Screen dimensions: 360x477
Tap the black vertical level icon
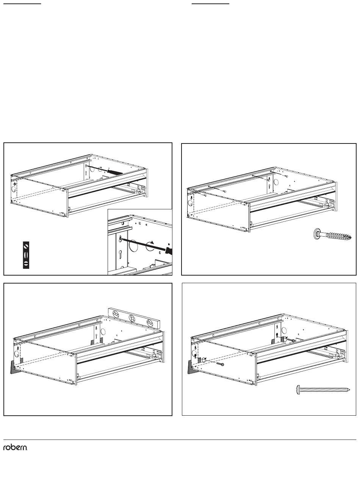tap(26, 255)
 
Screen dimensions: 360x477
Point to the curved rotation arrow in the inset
tap(150, 246)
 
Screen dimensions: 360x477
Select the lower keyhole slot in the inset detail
tap(120, 255)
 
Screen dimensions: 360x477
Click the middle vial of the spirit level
tap(132, 318)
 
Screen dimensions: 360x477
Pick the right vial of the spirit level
tap(149, 323)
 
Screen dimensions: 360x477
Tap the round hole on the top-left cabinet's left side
tap(14, 189)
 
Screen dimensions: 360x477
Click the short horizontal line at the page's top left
tap(22, 4)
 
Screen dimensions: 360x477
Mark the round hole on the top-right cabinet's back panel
tap(276, 182)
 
